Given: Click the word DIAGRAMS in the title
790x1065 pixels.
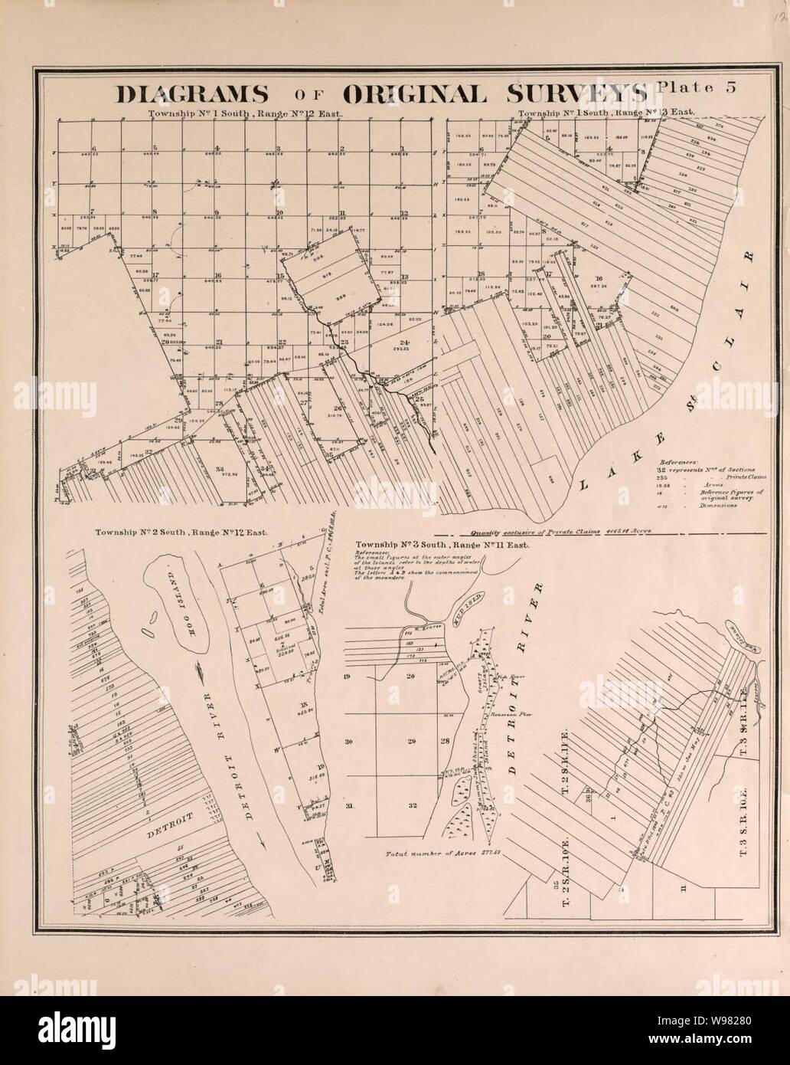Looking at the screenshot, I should pyautogui.click(x=191, y=93).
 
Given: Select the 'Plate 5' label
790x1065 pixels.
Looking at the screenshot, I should pyautogui.click(x=696, y=87).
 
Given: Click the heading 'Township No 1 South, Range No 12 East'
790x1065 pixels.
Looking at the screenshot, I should pyautogui.click(x=246, y=113).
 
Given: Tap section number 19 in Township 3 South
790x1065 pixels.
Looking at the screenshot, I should pyautogui.click(x=349, y=677).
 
